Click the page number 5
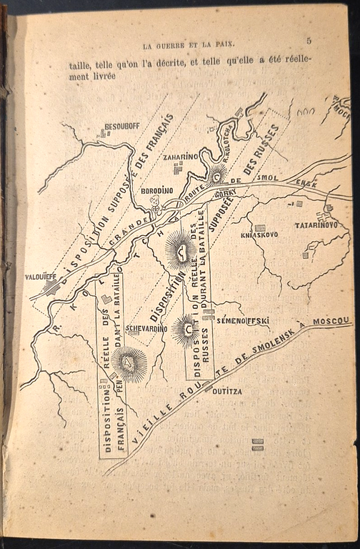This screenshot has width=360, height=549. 309,41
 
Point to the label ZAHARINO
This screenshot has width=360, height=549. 180,157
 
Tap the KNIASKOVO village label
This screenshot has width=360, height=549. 259,234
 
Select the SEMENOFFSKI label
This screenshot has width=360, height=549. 243,321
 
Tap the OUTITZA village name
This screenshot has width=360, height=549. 228,391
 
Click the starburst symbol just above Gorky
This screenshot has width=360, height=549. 216,174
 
